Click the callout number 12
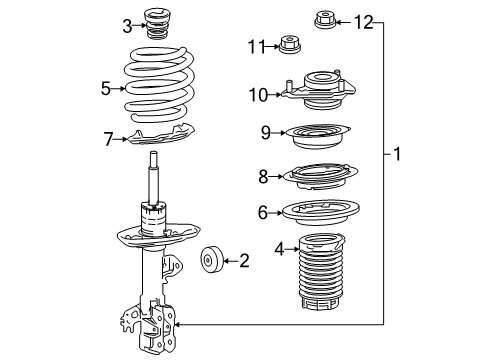click(x=363, y=22)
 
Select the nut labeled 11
click(x=289, y=44)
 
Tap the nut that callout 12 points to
click(x=325, y=20)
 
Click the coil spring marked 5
click(x=159, y=85)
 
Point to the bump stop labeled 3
click(x=158, y=25)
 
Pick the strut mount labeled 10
click(x=319, y=90)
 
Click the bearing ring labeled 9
click(x=318, y=136)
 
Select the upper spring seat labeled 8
click(x=320, y=176)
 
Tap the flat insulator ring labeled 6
click(x=321, y=213)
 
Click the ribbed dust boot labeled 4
click(x=321, y=271)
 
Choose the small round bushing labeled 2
click(x=211, y=260)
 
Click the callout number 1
click(x=397, y=154)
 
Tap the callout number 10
click(x=258, y=95)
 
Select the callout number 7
click(x=108, y=139)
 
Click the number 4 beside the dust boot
click(x=279, y=249)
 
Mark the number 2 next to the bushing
click(x=244, y=260)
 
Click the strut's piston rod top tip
click(x=153, y=152)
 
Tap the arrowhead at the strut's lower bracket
click(x=177, y=324)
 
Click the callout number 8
click(x=263, y=177)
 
